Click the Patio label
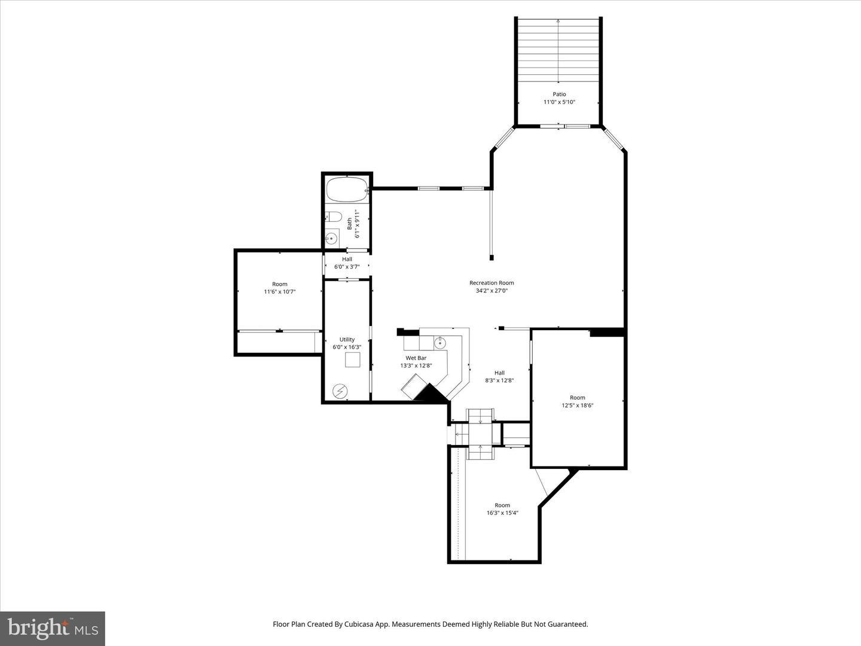pos(559,95)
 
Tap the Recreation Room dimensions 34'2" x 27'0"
pos(491,291)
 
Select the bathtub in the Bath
pos(347,190)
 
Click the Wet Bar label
pos(416,358)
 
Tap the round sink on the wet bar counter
pos(440,343)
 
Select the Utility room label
pos(347,339)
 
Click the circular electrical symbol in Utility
pos(340,391)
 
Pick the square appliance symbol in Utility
pos(353,359)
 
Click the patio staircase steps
pos(558,51)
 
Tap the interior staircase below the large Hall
pos(480,434)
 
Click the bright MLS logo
pos(53,628)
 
